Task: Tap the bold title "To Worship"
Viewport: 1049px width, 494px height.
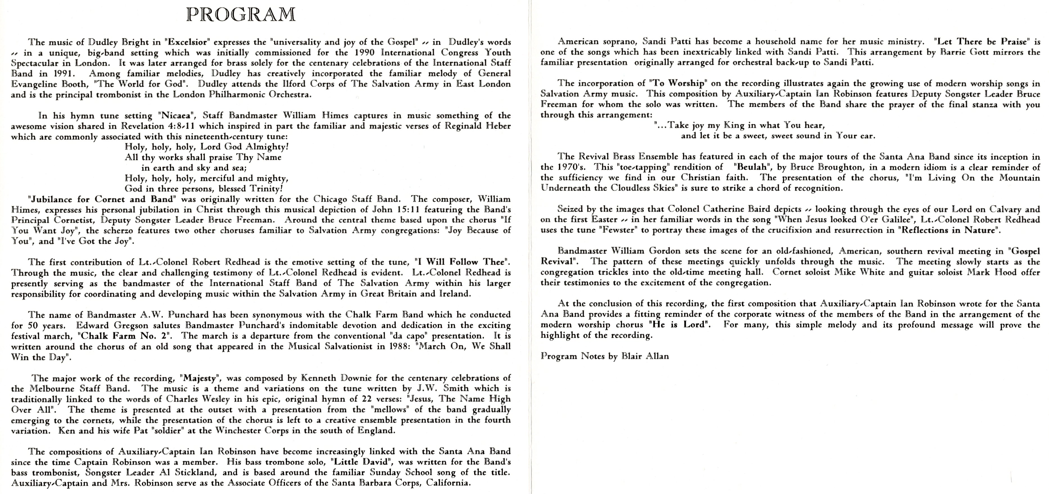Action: [678, 83]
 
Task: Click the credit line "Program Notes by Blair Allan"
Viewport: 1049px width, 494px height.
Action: [605, 356]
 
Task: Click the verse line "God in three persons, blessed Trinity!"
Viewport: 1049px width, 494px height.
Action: [204, 189]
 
